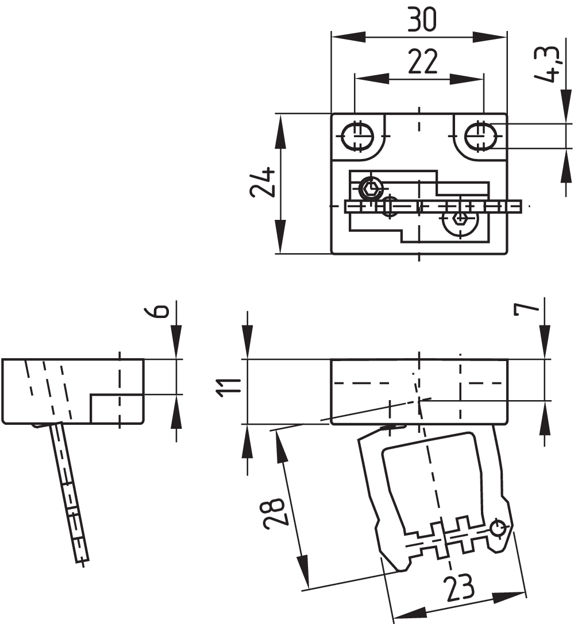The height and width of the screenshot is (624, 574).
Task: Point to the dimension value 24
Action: [262, 183]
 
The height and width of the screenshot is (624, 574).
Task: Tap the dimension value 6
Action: [161, 311]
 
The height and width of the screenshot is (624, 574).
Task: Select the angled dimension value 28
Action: [274, 513]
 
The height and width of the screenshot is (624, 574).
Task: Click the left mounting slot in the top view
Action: [357, 136]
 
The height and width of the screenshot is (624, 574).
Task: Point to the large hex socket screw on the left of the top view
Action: [371, 187]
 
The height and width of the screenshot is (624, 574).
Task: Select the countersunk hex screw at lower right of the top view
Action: [460, 219]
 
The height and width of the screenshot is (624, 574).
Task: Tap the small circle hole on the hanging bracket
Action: [498, 526]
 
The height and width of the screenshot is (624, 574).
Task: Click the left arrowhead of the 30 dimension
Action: [342, 36]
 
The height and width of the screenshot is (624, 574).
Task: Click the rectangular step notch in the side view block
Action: [115, 408]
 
